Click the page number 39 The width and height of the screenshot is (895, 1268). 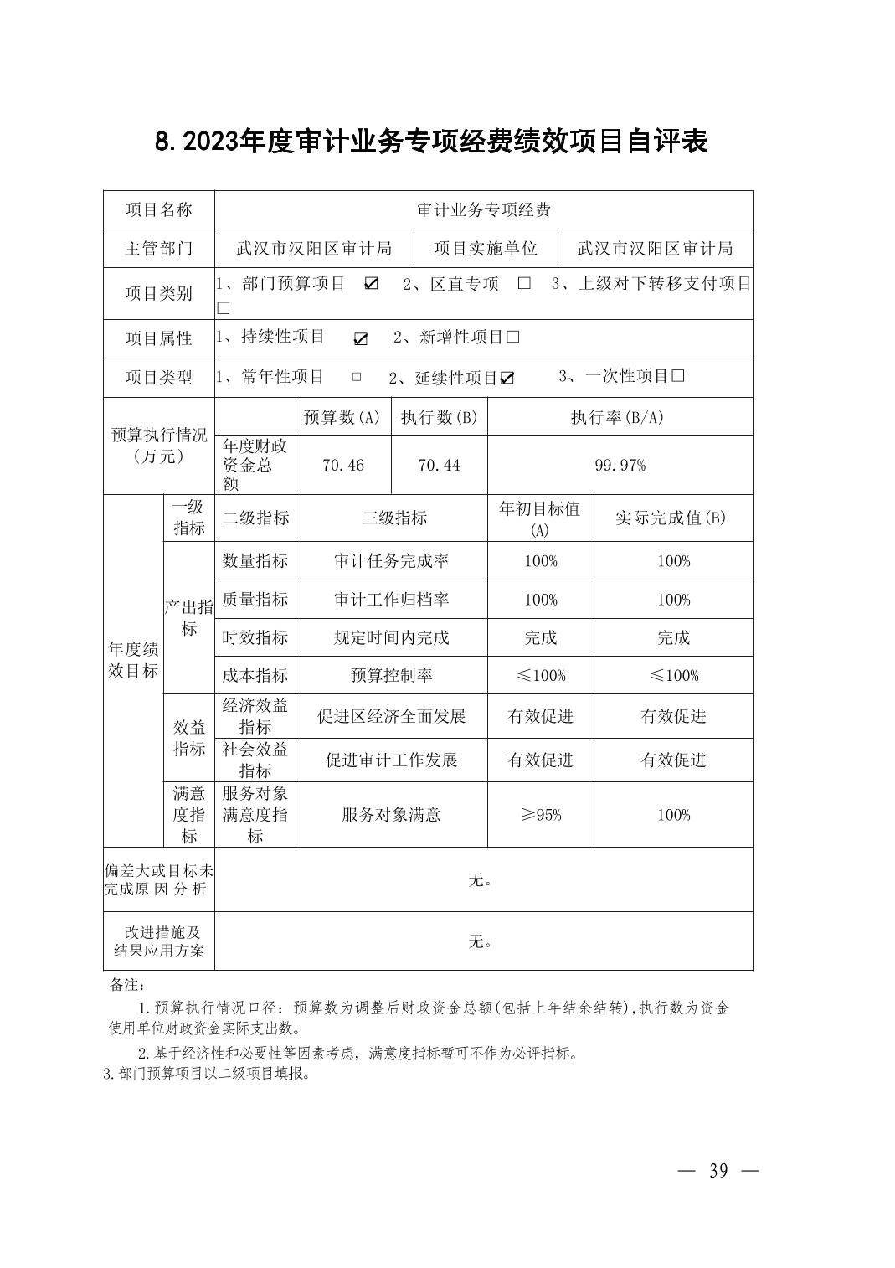718,1171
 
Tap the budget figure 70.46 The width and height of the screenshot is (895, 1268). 343,465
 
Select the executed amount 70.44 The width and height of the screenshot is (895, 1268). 440,465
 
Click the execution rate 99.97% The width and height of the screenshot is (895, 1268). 620,465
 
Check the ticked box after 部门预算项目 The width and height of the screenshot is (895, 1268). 371,283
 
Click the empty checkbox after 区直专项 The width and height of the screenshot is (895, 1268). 524,283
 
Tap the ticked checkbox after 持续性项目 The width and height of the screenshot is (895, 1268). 361,338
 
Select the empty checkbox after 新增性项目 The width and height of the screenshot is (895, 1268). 513,337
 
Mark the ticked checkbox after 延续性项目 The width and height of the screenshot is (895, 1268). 507,378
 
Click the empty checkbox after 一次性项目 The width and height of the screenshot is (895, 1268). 678,376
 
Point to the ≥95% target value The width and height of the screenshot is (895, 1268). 541,815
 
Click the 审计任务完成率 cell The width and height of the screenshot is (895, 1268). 392,561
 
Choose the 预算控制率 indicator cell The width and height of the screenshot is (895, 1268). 392,675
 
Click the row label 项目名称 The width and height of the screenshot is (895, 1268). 159,209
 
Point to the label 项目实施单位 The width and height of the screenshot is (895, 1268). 486,248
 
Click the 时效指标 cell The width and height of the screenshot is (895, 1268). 255,637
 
